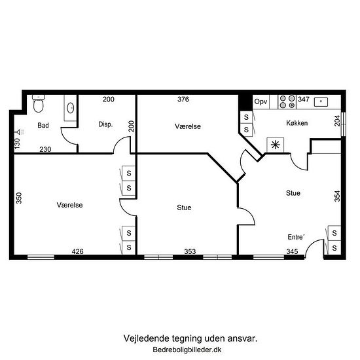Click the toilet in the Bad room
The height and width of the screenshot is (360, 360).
[39, 103]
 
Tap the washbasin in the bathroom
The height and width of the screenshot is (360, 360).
[70, 108]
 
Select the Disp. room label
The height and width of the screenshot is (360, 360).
[105, 124]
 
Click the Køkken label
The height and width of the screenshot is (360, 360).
[297, 123]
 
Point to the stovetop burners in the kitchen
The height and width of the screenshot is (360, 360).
[287, 102]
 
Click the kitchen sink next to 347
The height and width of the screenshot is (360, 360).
[321, 101]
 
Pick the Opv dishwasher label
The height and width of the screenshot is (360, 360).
[261, 101]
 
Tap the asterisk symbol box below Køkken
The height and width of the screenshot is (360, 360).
[276, 145]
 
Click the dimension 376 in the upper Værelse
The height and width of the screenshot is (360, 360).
[183, 99]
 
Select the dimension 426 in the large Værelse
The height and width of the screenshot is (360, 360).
[77, 251]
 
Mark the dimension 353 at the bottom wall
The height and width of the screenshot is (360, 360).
[190, 251]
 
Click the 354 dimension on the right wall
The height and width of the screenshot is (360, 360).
[337, 196]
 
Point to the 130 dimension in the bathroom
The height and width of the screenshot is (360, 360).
[17, 143]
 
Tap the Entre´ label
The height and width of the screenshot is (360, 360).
[296, 237]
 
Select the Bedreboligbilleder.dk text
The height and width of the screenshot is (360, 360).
[187, 350]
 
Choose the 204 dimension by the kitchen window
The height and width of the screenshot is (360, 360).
[337, 121]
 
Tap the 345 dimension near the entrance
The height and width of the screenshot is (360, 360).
[292, 251]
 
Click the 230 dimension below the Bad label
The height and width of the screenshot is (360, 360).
[45, 149]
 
